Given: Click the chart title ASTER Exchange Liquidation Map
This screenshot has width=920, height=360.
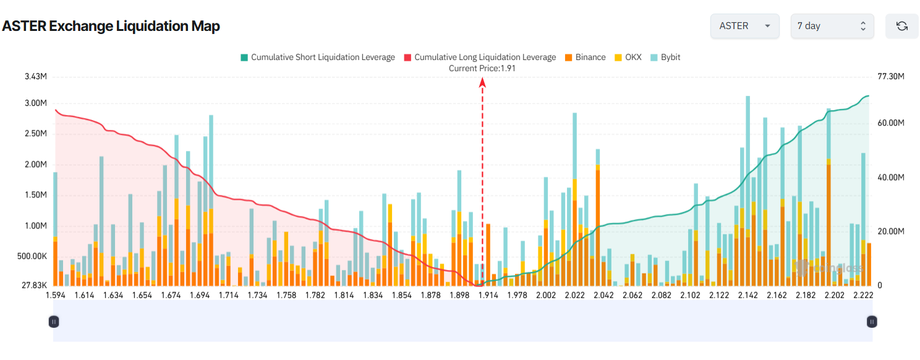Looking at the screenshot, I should (111, 26).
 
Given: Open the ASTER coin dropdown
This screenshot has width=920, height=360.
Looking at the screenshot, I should (744, 26).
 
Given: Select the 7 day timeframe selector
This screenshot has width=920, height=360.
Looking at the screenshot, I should (832, 26).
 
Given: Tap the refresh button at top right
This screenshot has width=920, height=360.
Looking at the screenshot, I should (901, 26).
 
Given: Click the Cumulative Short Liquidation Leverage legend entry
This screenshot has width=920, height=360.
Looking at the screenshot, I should (317, 57).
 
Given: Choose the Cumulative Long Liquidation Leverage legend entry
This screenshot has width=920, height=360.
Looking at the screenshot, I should (479, 57).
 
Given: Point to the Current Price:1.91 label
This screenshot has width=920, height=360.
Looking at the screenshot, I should (482, 69).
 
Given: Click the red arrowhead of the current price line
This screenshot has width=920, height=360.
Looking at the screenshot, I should (482, 82).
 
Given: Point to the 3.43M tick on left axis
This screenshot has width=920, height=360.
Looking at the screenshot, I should (36, 77).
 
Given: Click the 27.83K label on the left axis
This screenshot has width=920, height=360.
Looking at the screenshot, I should (35, 285).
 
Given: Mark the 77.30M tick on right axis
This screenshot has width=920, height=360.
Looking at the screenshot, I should (891, 77).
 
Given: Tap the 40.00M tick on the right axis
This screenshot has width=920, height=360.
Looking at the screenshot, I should (891, 178).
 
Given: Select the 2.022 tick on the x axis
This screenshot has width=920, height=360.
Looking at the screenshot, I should (574, 295).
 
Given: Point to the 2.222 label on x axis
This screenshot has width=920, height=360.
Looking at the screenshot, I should (863, 295).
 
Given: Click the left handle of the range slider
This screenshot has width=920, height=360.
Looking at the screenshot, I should (54, 322).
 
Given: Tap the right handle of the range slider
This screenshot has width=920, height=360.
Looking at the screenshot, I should (872, 322).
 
